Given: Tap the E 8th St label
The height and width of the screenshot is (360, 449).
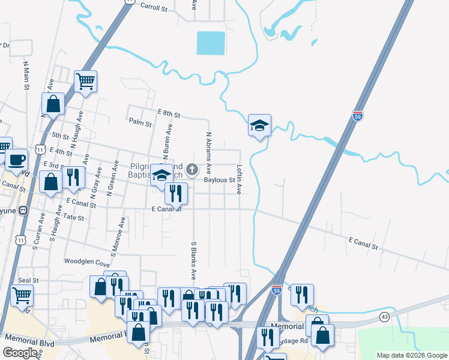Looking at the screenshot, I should (169, 112).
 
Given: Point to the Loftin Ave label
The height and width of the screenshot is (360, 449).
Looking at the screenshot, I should (239, 179).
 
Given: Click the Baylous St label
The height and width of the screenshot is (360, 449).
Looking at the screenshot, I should (218, 179).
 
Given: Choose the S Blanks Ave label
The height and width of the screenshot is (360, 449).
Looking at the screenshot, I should (194, 261).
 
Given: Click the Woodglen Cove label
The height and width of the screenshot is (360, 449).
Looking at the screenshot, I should (88, 263).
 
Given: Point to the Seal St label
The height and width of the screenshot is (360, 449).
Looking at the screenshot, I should (28, 280).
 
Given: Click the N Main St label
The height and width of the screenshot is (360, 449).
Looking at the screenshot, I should (26, 74).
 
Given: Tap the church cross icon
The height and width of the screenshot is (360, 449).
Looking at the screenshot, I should (192, 169).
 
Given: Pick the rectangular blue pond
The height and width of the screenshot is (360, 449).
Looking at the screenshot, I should (211, 43).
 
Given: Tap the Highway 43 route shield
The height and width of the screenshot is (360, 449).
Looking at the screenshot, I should (384, 316).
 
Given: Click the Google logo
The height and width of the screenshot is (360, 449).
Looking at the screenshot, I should (21, 353).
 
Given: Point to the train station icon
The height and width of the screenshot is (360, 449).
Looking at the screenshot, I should (23, 211).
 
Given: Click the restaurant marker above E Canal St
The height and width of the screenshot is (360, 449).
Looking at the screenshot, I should (176, 193).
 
